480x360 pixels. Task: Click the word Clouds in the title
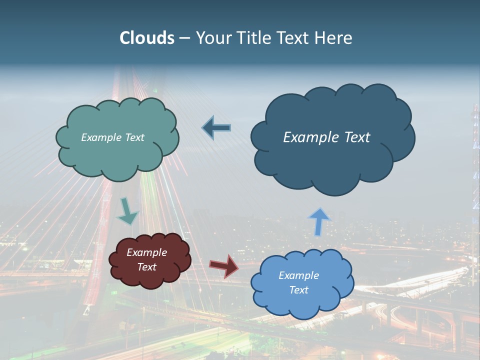point(147,38)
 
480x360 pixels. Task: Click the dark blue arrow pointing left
point(216,128)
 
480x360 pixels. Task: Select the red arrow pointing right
point(223,265)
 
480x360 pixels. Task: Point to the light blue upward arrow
point(319,220)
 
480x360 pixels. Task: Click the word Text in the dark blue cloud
point(353,137)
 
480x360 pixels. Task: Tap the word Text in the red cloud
point(147,267)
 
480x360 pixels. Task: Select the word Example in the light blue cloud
point(298,275)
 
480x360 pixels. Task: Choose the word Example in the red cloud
point(147,252)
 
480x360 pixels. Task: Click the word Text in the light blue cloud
point(298,290)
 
